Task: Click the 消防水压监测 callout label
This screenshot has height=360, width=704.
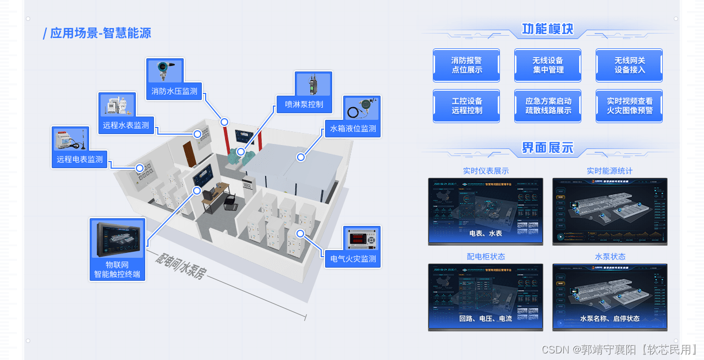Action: [174, 91]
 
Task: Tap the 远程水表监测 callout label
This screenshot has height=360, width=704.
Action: [126, 125]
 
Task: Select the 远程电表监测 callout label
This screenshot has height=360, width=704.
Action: [80, 159]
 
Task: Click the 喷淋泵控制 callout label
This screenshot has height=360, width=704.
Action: [304, 104]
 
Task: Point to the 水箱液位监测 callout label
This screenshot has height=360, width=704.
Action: [353, 129]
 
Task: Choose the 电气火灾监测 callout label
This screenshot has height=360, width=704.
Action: [353, 258]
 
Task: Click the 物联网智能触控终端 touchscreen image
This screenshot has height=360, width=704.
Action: [118, 240]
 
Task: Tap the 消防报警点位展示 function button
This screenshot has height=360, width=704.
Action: [466, 65]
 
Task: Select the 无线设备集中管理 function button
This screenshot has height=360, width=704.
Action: [548, 65]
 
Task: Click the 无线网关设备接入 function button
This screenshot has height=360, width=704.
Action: [629, 65]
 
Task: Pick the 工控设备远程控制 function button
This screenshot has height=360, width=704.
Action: [466, 106]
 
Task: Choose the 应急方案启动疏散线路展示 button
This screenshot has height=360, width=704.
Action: [548, 106]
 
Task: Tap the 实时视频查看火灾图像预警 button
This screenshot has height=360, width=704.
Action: [629, 106]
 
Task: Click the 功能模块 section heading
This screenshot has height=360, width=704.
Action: [547, 29]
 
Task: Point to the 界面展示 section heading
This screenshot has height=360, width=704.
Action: [547, 147]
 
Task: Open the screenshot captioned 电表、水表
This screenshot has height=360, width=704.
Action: [486, 211]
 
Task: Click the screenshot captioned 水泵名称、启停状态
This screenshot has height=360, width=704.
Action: [609, 297]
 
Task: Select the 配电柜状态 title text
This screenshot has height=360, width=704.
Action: [486, 257]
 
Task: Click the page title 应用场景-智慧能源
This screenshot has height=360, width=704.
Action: [100, 33]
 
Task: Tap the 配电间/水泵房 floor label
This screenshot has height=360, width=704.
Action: [180, 267]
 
